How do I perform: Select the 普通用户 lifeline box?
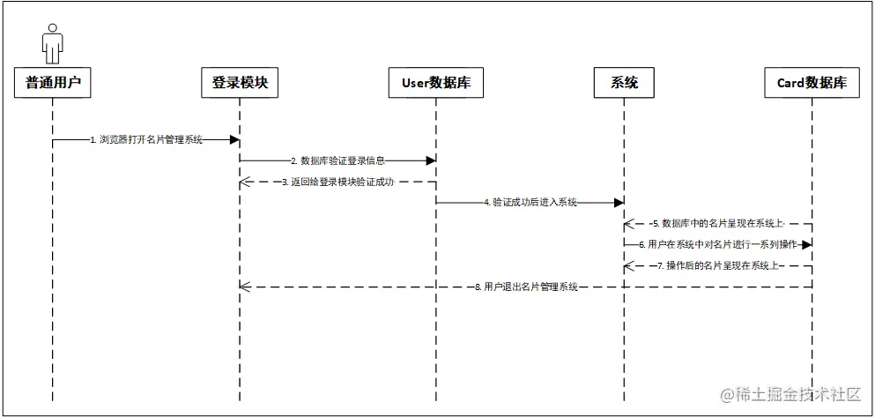click(53, 83)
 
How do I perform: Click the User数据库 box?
click(435, 83)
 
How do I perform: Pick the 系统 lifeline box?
click(624, 83)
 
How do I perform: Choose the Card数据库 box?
click(812, 83)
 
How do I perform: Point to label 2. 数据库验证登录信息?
click(337, 160)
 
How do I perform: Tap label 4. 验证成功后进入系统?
click(530, 203)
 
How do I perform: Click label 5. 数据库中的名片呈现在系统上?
click(718, 223)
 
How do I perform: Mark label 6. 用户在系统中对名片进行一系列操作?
click(718, 244)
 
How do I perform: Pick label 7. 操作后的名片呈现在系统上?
click(718, 265)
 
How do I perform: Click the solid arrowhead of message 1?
click(234, 139)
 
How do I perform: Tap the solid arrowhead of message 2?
click(431, 160)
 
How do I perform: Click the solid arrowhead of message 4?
click(619, 203)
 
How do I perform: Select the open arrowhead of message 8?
click(245, 287)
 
